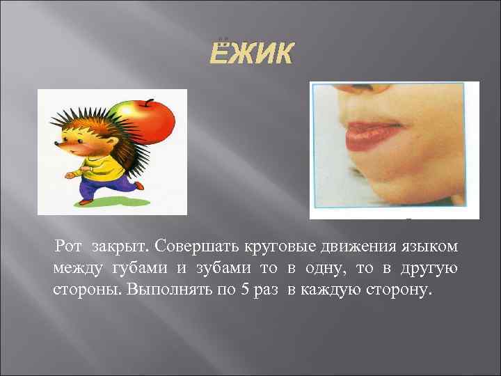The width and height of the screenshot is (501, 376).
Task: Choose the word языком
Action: [427, 246]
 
